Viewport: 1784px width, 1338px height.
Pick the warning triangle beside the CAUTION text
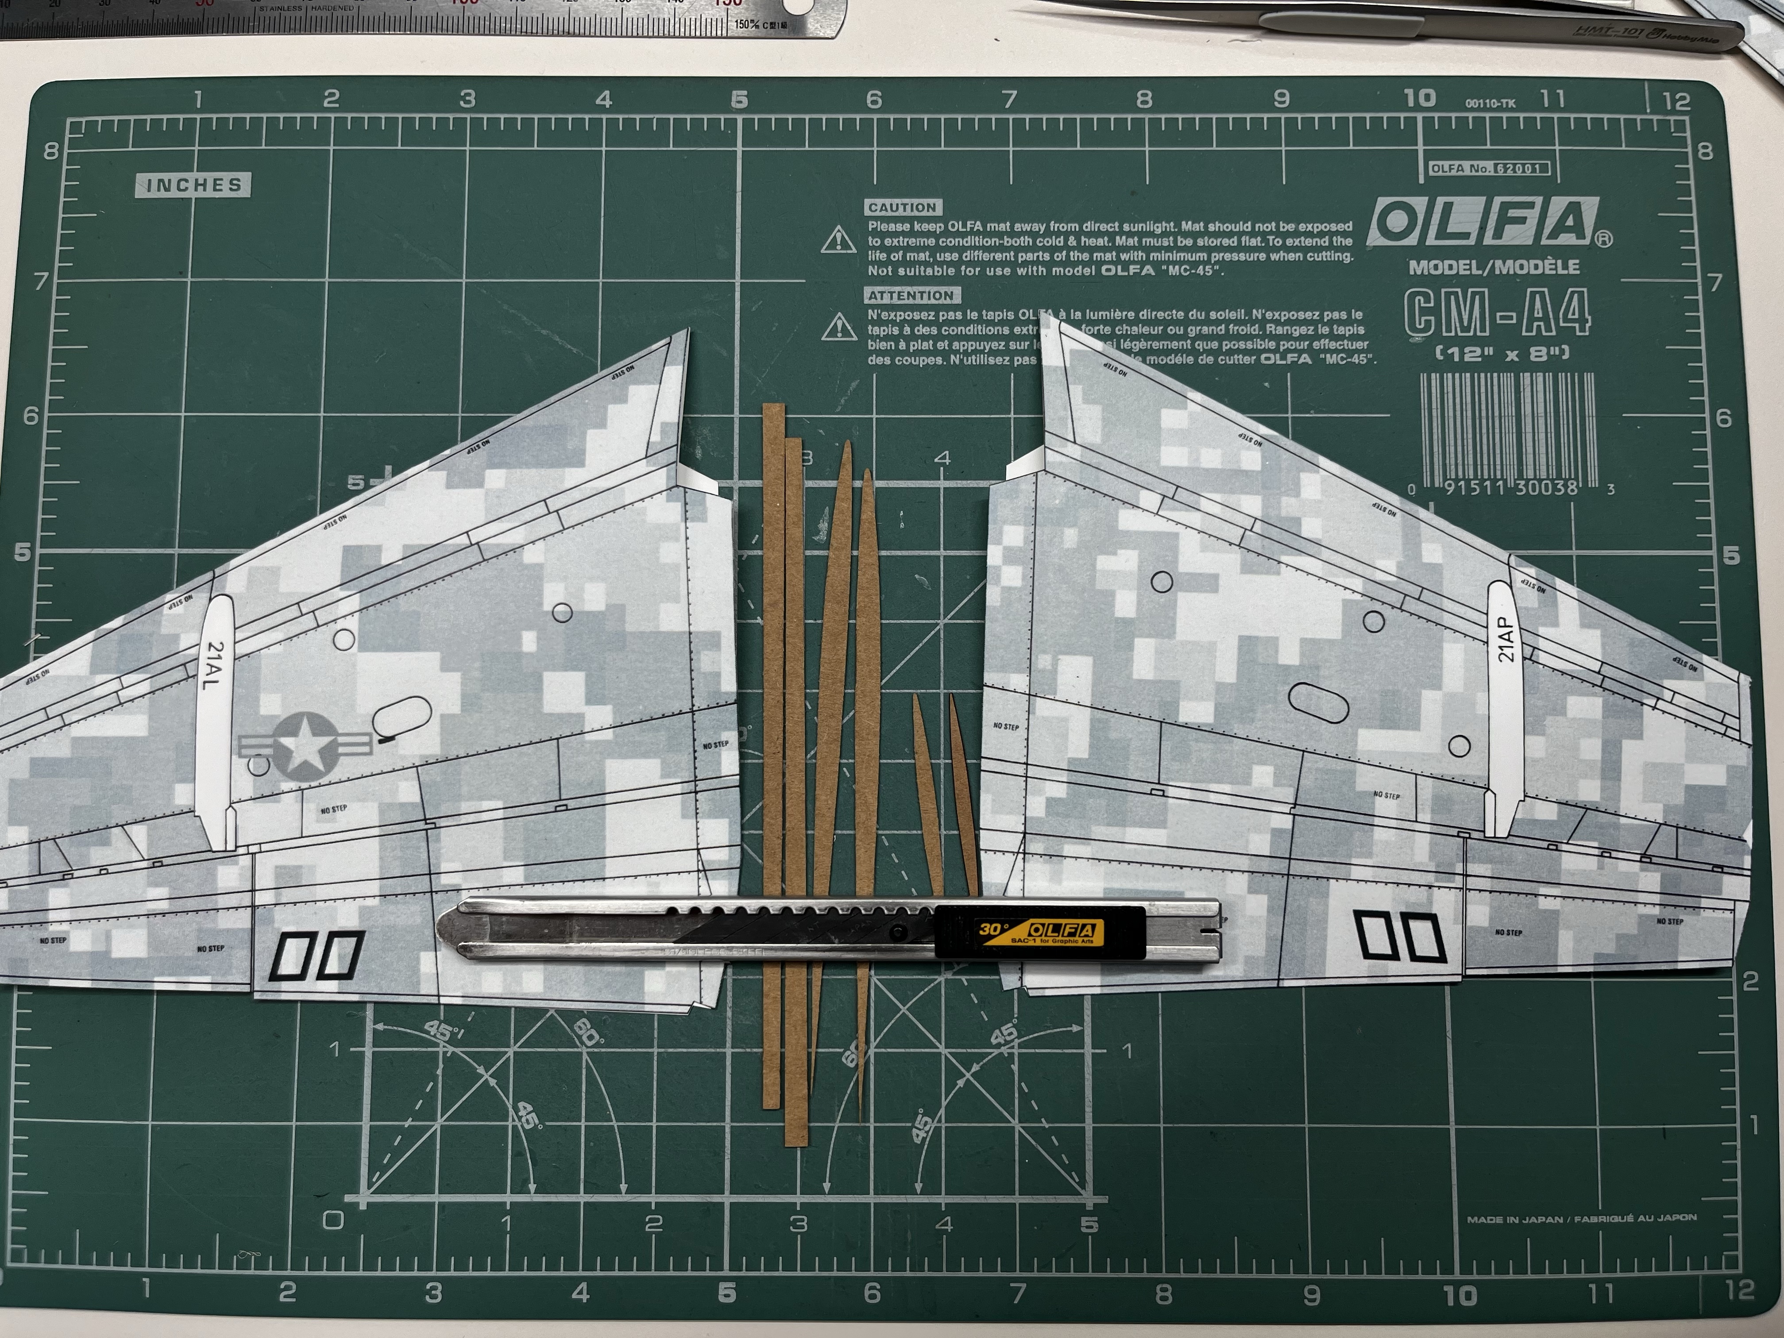[839, 240]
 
